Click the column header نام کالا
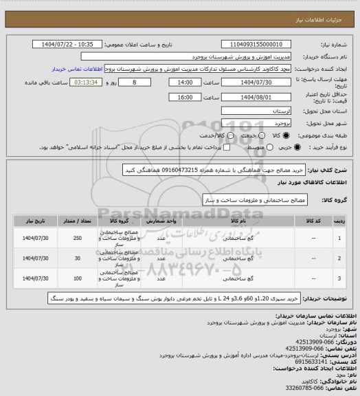point(239,221)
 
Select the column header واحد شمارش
point(163,221)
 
